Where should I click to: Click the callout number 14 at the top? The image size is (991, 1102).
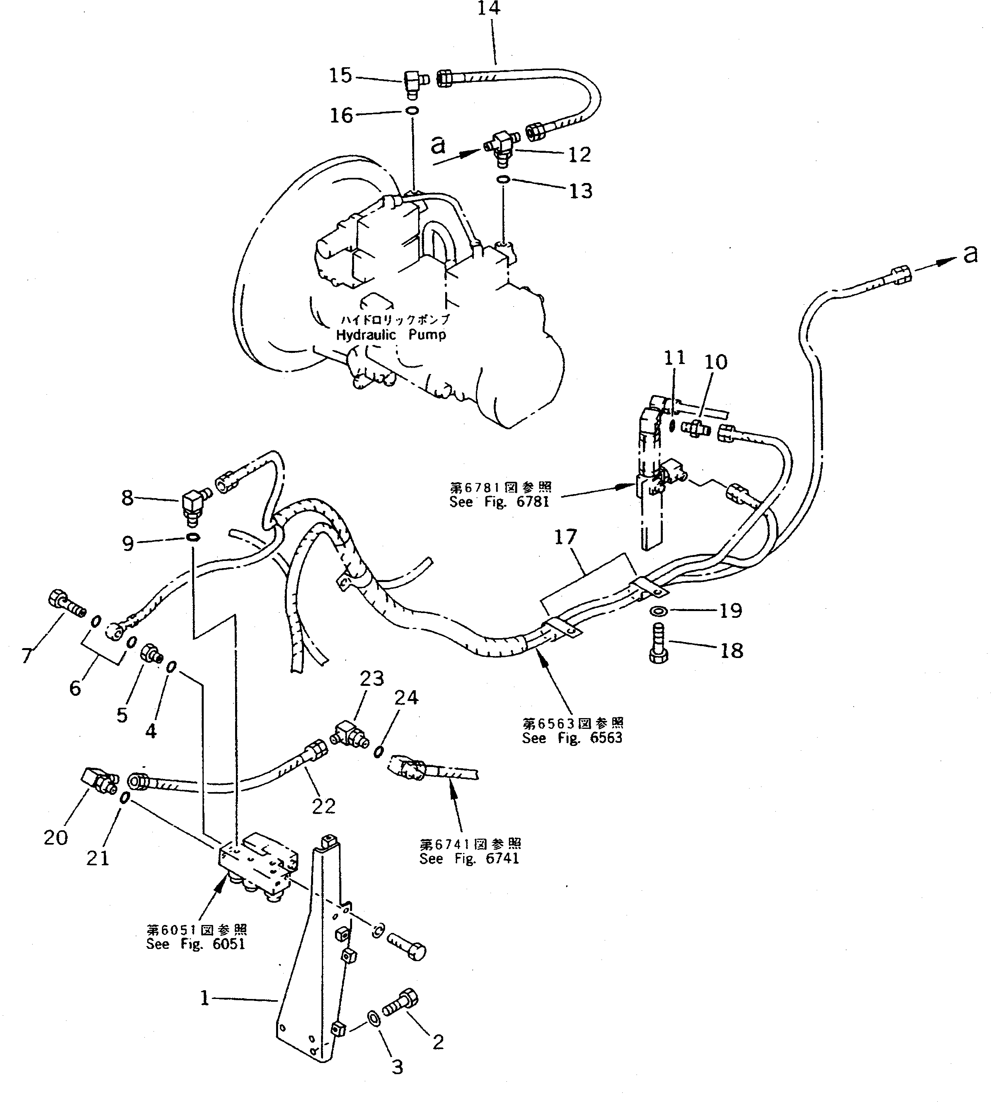(x=489, y=9)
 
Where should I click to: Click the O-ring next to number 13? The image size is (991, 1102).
(x=503, y=180)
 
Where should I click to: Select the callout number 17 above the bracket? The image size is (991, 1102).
(x=565, y=537)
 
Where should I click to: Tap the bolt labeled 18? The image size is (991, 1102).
(x=658, y=647)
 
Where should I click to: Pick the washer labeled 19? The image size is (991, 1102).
(x=658, y=611)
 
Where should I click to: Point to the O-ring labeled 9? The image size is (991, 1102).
(x=192, y=538)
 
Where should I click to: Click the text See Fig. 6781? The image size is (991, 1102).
(x=499, y=501)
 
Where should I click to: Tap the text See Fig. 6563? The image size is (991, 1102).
(x=572, y=738)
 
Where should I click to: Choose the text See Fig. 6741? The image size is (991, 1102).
(x=469, y=859)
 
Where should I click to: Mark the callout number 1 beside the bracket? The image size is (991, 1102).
(x=204, y=999)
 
